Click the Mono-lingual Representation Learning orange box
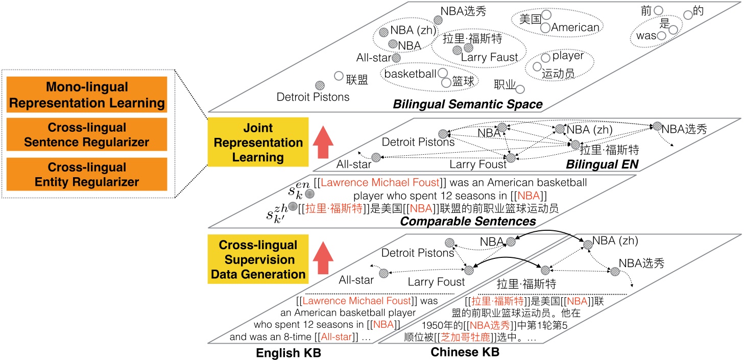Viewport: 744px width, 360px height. (x=87, y=94)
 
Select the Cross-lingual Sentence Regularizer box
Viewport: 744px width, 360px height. (x=87, y=134)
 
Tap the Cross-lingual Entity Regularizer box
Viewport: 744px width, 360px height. (x=87, y=174)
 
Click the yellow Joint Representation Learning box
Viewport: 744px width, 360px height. (x=258, y=142)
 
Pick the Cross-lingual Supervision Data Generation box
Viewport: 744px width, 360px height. (x=258, y=259)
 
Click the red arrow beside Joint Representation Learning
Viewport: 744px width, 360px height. (x=323, y=142)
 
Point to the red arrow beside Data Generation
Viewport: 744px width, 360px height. (x=323, y=258)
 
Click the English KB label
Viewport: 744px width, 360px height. (x=289, y=353)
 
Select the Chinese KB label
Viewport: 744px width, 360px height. (x=465, y=352)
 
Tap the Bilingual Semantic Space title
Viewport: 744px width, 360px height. (x=468, y=104)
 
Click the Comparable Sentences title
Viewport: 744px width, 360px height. (x=468, y=221)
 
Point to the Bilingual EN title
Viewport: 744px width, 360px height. (x=602, y=164)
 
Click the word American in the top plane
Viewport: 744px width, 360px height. (x=575, y=27)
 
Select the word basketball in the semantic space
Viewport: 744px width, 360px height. (x=410, y=74)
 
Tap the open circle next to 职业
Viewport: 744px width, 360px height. (x=520, y=89)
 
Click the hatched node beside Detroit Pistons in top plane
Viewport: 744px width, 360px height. (x=320, y=85)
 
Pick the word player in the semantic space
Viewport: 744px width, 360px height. (x=568, y=56)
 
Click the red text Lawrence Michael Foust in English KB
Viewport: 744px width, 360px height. (x=357, y=301)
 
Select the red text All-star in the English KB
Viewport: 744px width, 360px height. (x=336, y=337)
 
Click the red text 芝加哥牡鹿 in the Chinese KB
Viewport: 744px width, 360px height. (x=465, y=337)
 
